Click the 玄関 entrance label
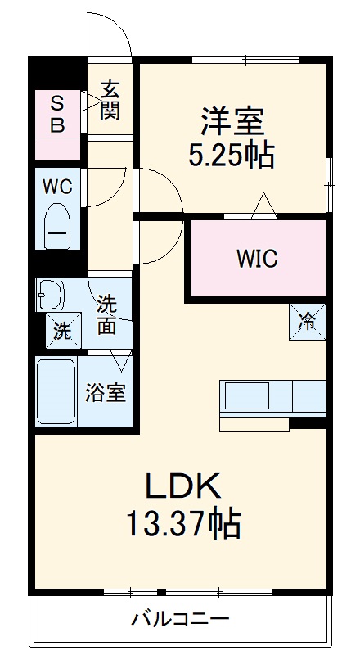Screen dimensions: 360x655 (110, 100)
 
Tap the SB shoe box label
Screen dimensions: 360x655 (57, 114)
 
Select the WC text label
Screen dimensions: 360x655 (57, 187)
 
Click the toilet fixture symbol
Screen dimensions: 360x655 (57, 226)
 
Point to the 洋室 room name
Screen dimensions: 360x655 (232, 121)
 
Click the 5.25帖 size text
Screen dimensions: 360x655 (232, 155)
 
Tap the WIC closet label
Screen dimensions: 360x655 (257, 259)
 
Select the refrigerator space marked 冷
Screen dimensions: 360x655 (307, 322)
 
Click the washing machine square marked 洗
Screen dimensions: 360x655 (63, 331)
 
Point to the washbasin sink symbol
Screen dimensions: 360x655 (50, 295)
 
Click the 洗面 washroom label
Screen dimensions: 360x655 (107, 315)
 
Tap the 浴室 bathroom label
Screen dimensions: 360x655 (106, 392)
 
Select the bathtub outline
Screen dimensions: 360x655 (56, 391)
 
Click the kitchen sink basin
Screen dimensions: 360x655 (247, 395)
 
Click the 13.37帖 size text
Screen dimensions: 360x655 (183, 522)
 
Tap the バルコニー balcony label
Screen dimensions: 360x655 (181, 618)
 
